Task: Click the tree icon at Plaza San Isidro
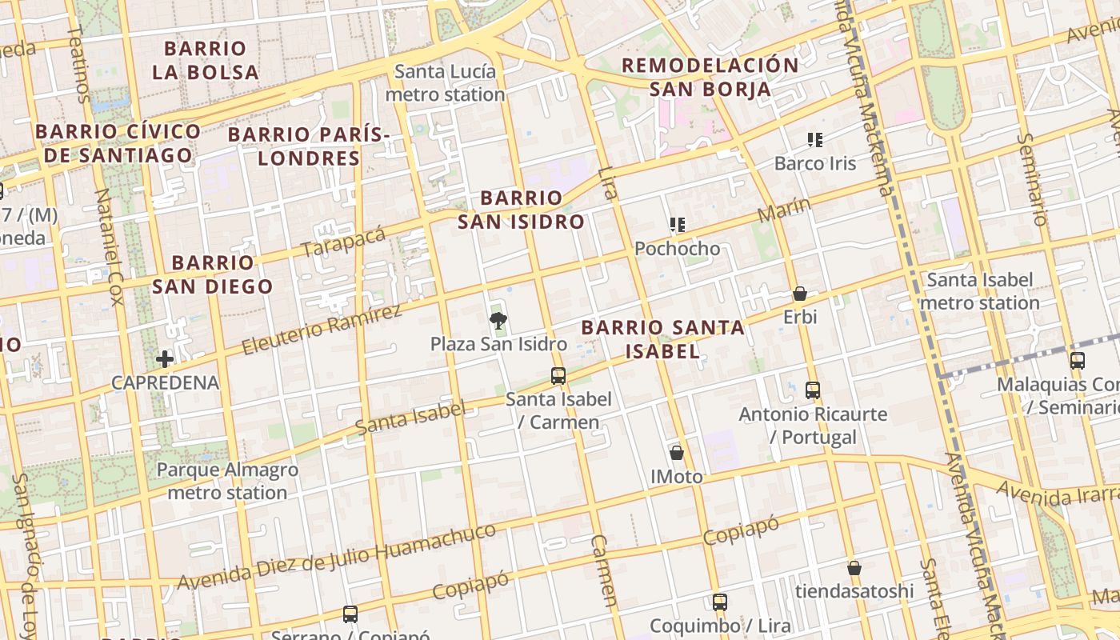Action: [x=498, y=322]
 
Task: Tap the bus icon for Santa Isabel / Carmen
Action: [x=558, y=375]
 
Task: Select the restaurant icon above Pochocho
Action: [x=678, y=225]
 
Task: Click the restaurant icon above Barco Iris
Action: [x=815, y=140]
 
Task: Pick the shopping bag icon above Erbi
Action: [x=799, y=294]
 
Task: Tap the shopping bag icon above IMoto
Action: [x=677, y=453]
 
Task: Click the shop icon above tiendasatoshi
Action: [x=854, y=568]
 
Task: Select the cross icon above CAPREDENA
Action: [x=165, y=358]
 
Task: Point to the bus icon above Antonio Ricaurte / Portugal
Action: [x=813, y=390]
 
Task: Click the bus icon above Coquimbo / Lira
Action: [x=720, y=602]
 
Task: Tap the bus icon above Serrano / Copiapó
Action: [x=350, y=614]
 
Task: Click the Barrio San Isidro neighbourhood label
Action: [x=522, y=210]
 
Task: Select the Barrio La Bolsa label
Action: [x=206, y=60]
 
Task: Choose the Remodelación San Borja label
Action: [x=710, y=77]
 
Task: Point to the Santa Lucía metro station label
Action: [x=445, y=83]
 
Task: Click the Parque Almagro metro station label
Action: [x=227, y=481]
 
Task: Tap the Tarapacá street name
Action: [x=344, y=242]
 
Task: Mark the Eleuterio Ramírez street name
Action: [x=321, y=330]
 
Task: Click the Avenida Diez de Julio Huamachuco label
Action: [x=337, y=557]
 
